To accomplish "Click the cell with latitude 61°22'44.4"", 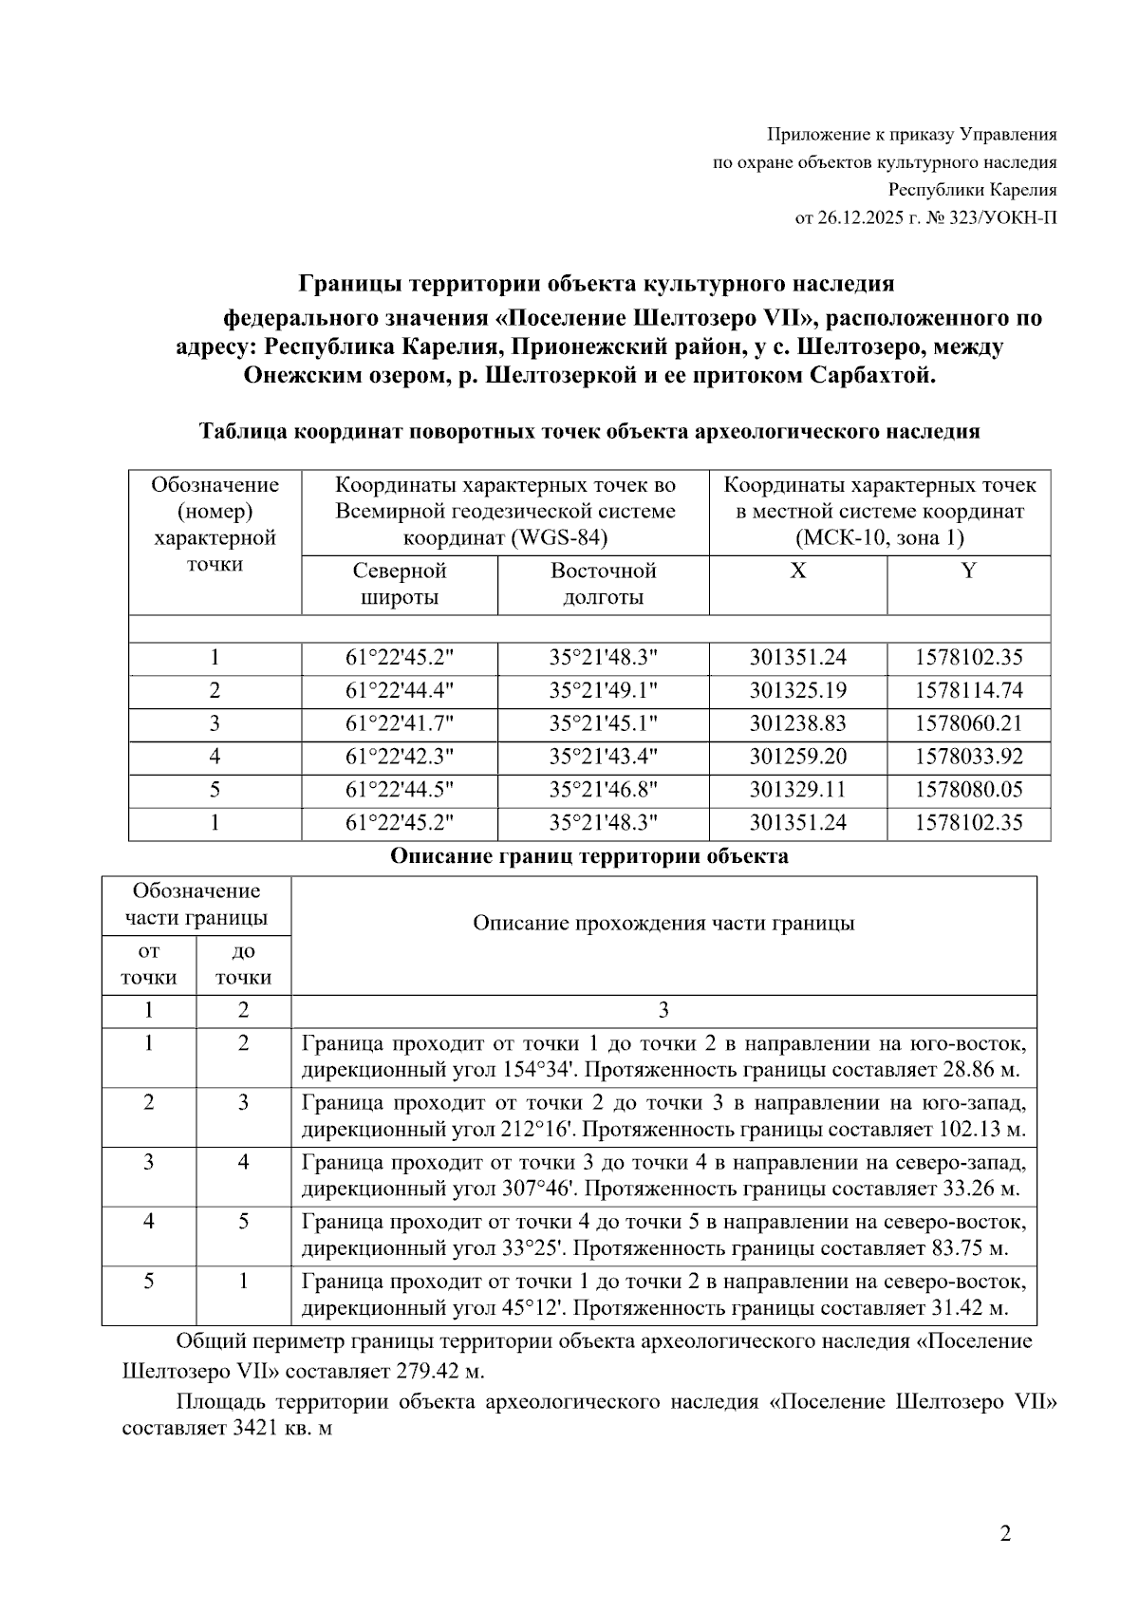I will pos(400,691).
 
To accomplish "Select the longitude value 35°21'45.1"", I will pos(603,724).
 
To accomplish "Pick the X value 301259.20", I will pos(797,758).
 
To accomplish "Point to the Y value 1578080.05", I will pos(968,790).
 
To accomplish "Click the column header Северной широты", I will pos(400,584).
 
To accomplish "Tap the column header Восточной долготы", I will pos(603,584).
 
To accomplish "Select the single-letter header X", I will pos(798,571).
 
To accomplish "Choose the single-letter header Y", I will pos(968,571).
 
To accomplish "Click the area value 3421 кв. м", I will pos(282,1429).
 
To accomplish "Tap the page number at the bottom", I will pos(1005,1534).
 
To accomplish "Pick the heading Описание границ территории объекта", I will pos(588,856).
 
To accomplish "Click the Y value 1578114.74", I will pos(968,691).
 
